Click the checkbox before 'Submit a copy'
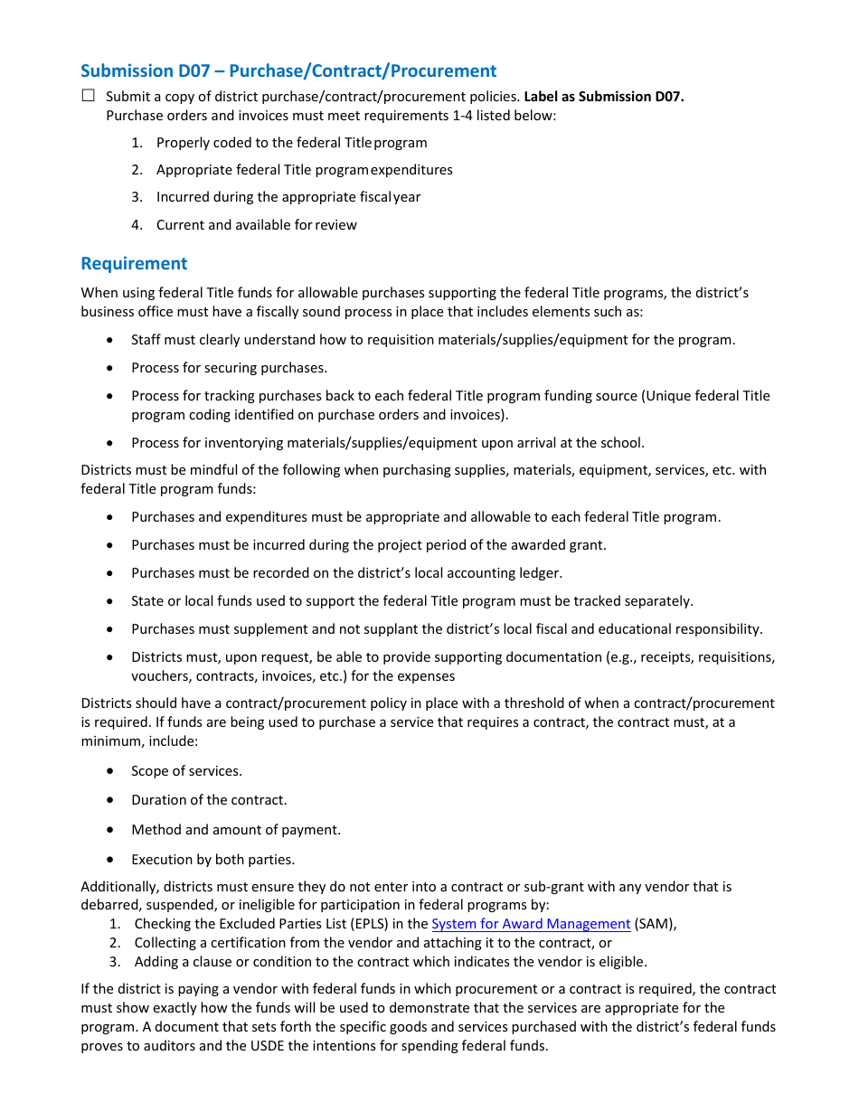(88, 96)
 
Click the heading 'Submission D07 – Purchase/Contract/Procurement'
(288, 71)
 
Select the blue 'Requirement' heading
(134, 263)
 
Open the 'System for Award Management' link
(531, 924)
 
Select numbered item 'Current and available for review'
(256, 225)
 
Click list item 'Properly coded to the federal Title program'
(291, 143)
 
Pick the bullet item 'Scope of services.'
(186, 771)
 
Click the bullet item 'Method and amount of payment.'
(236, 830)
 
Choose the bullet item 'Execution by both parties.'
(212, 860)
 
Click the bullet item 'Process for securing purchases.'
(229, 368)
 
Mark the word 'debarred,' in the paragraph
(110, 905)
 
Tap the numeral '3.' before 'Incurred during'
(137, 197)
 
